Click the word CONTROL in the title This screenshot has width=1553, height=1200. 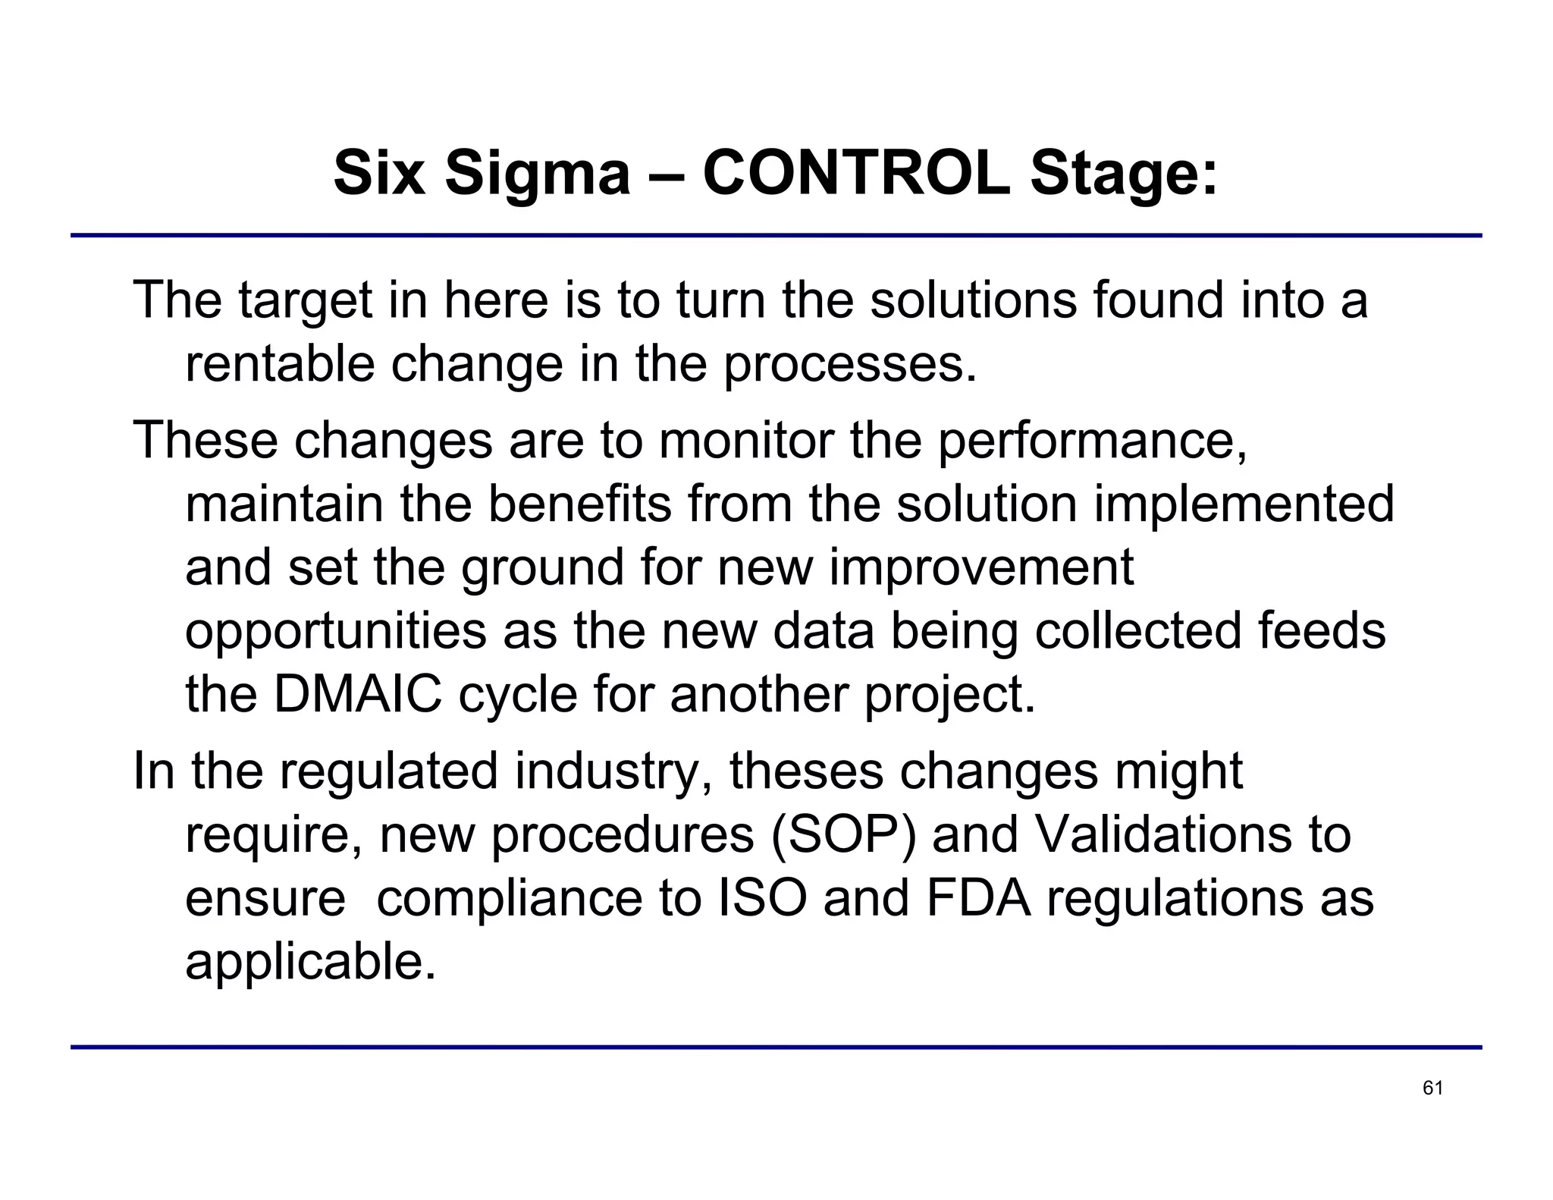pyautogui.click(x=856, y=173)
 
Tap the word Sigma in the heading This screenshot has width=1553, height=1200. pyautogui.click(x=537, y=173)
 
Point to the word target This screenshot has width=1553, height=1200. pyautogui.click(x=305, y=300)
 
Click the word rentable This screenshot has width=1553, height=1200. pyautogui.click(x=280, y=364)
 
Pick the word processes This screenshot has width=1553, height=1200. pyautogui.click(x=850, y=366)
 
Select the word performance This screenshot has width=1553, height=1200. pyautogui.click(x=1092, y=441)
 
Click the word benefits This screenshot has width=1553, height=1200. pyautogui.click(x=579, y=504)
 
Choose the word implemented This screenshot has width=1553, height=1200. pyautogui.click(x=1244, y=505)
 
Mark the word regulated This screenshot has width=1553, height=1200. pyautogui.click(x=389, y=771)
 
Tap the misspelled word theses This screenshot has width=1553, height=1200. pyautogui.click(x=806, y=771)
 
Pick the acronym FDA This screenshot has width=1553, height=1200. pyautogui.click(x=979, y=898)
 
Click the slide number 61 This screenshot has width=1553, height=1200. pyautogui.click(x=1432, y=1088)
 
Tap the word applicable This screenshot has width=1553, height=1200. pyautogui.click(x=311, y=963)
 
